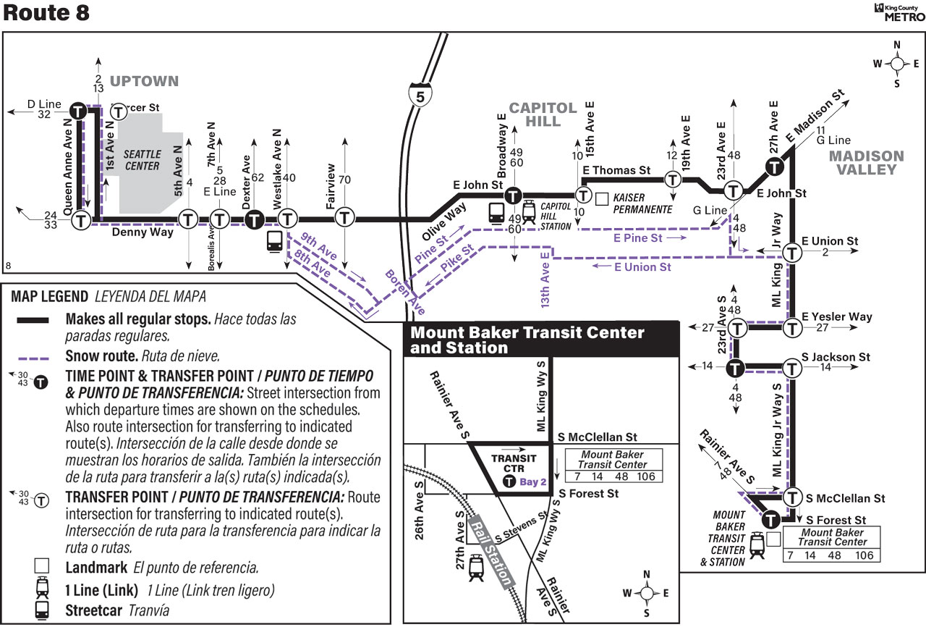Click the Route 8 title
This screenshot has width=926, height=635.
point(46,12)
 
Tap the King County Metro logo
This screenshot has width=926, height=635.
point(899,12)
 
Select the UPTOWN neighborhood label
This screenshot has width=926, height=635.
point(144,81)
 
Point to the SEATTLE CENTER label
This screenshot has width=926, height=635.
point(143,160)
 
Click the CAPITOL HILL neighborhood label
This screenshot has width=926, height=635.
point(543,114)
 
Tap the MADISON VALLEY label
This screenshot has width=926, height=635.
point(867,163)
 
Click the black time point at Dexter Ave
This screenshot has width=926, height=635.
point(254,219)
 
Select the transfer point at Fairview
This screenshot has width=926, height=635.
point(344,217)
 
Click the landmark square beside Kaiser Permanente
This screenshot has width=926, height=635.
point(602,199)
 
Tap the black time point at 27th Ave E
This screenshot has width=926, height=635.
point(774,167)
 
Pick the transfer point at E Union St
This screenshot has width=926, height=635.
point(792,253)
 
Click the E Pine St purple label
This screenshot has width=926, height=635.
point(637,238)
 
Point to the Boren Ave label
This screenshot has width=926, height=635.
point(405,292)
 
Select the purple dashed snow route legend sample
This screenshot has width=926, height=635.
point(33,358)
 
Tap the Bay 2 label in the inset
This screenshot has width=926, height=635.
point(533,482)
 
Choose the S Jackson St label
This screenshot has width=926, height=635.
point(836,357)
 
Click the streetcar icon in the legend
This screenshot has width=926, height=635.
point(42,610)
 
